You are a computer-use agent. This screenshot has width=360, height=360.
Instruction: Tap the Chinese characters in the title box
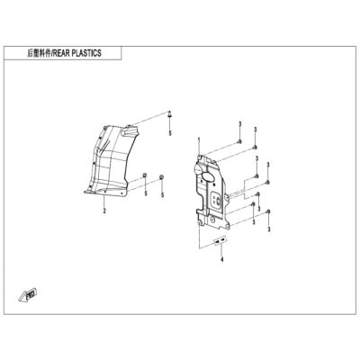39,53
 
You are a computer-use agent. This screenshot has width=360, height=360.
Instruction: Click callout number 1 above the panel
199,139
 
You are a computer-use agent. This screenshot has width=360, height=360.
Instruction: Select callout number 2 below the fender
104,211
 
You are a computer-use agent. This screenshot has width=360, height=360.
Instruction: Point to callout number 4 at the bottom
221,259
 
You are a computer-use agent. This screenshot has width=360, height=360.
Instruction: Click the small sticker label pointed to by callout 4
220,240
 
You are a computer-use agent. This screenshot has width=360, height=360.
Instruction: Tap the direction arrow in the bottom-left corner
27,294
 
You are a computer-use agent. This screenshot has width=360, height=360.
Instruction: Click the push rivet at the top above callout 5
170,114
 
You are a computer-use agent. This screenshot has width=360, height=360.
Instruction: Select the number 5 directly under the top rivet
170,133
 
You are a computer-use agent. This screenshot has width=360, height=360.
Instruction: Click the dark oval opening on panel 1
208,176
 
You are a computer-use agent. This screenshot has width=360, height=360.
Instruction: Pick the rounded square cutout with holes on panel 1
217,200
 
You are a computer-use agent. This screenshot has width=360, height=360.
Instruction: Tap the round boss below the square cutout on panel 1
212,220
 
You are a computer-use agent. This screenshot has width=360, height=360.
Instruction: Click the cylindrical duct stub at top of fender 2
130,130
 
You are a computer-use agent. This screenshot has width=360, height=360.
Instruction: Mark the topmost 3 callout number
240,124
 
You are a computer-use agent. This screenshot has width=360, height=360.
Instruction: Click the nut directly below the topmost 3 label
239,141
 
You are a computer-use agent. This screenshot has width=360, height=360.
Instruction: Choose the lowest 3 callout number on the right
269,229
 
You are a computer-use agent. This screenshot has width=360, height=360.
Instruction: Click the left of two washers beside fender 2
144,175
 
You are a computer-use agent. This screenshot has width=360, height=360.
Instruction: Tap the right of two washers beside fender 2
161,176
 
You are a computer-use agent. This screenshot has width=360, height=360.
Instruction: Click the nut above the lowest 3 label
269,211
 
